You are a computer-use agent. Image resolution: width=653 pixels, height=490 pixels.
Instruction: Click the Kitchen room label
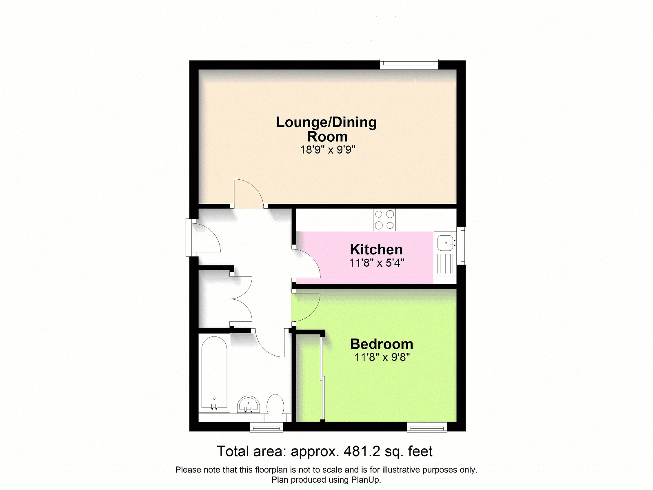click(376, 249)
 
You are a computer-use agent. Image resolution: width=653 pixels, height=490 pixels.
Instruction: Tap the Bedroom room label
click(382, 344)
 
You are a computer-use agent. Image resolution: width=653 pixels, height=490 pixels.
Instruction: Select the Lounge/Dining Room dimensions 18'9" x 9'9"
click(328, 149)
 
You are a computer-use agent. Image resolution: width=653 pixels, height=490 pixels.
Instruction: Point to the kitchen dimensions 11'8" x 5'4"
click(377, 263)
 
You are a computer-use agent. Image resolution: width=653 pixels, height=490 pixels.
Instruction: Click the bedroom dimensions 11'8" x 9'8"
click(382, 357)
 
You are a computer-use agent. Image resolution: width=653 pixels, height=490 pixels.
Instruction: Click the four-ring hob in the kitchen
click(384, 220)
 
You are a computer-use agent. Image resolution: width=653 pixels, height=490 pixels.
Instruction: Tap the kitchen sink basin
click(445, 243)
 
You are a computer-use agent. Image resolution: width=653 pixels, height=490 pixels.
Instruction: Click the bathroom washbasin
click(249, 404)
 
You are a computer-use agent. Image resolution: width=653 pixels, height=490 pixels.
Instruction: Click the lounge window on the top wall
click(409, 64)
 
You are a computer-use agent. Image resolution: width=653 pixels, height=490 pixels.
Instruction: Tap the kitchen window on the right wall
click(462, 246)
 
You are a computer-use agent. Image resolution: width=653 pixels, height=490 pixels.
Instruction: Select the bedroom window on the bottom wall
click(427, 427)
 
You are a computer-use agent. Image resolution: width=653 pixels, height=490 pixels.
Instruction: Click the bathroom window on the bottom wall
click(267, 427)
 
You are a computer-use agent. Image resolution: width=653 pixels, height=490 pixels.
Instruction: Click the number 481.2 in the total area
click(362, 451)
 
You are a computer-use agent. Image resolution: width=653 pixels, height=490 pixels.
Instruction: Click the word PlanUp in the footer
click(366, 479)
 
